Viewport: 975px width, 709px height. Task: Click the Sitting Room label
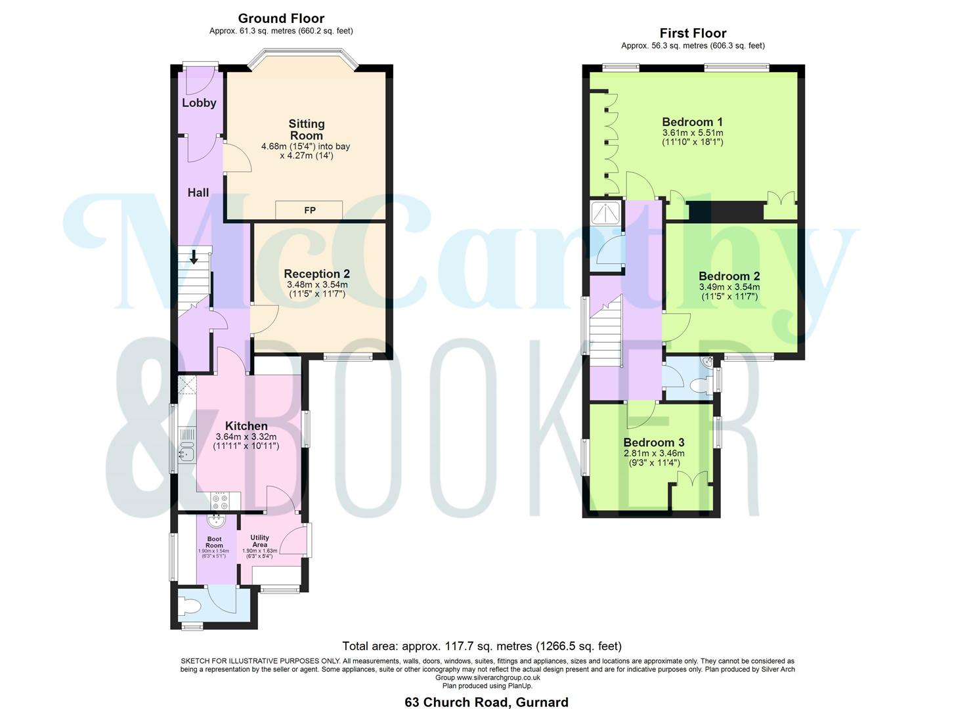pos(307,129)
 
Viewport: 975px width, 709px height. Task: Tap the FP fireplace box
pos(309,210)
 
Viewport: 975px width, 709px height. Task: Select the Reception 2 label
pos(316,274)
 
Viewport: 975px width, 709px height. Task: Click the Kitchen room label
pos(246,426)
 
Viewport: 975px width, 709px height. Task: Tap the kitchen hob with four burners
pos(220,502)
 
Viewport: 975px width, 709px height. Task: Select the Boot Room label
pos(214,542)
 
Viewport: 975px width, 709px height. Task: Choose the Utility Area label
pos(260,541)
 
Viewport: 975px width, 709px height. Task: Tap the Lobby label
pos(199,103)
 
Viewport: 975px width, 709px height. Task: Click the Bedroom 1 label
pos(692,122)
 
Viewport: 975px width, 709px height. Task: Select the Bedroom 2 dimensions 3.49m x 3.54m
pos(729,287)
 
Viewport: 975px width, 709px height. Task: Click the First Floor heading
pos(693,33)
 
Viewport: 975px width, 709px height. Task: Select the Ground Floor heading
pos(281,18)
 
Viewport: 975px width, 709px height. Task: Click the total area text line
pos(481,647)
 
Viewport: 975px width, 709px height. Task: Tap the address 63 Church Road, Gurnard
pos(487,702)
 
